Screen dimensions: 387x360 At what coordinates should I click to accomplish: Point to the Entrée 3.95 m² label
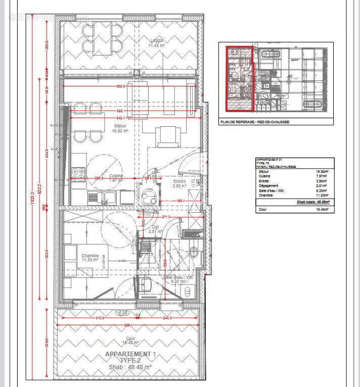point(179,183)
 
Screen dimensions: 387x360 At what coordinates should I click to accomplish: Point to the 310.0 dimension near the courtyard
point(100,318)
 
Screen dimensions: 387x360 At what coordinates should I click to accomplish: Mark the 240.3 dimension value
point(167,318)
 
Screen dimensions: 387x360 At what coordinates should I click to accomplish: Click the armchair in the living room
point(167,135)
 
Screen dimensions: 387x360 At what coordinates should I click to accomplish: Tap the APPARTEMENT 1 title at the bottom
point(130,354)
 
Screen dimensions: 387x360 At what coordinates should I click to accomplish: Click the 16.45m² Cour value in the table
point(322,209)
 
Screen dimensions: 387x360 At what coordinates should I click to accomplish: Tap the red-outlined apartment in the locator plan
point(239,78)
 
